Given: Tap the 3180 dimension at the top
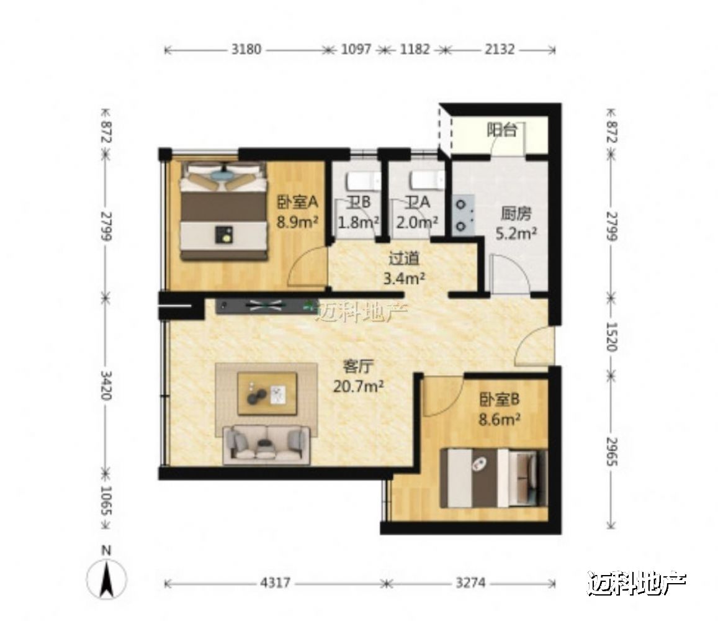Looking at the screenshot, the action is [x=246, y=49].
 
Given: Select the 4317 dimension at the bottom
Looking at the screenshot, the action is [x=275, y=583].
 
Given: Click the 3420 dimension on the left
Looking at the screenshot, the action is [x=105, y=385].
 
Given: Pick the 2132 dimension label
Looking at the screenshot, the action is [x=500, y=49].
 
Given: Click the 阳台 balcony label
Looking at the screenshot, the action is [x=502, y=130].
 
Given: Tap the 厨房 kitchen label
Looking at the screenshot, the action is [x=516, y=214].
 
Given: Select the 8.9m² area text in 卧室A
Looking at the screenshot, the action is [x=297, y=222].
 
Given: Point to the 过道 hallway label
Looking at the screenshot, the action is [x=404, y=259].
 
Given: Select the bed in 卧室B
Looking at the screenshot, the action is [x=493, y=478].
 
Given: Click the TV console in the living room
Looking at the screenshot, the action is [x=266, y=306].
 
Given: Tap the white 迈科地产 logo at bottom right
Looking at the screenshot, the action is [x=637, y=583].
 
